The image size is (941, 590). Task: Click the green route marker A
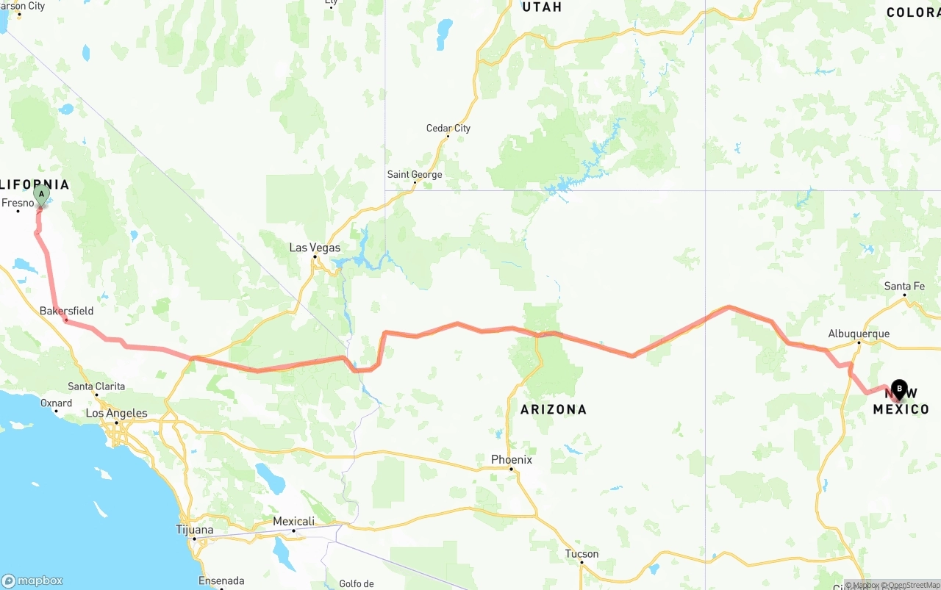coord(41,195)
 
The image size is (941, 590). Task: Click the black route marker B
coord(898,389)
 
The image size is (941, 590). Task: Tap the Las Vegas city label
coord(315,248)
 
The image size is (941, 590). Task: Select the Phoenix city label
coord(512,460)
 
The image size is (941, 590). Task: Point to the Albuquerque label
coord(859,334)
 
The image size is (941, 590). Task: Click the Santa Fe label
coord(904,287)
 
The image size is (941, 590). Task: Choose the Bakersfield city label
coord(66,311)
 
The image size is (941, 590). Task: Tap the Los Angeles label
coord(116,413)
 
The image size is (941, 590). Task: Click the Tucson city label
coord(582,554)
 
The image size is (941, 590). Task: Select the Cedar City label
coord(448,129)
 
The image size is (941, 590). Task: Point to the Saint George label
coord(415,175)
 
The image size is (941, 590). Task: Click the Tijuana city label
coord(195,530)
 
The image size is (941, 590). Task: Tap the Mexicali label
coord(293,522)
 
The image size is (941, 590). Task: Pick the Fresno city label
coord(18,203)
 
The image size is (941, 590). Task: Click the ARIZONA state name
coord(554,409)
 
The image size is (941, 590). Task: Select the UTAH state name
coord(541,7)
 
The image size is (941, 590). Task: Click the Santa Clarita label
coord(96,386)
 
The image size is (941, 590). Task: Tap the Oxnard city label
coord(56,403)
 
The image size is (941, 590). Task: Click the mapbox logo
coord(32,580)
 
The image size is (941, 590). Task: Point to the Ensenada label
coord(221,581)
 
